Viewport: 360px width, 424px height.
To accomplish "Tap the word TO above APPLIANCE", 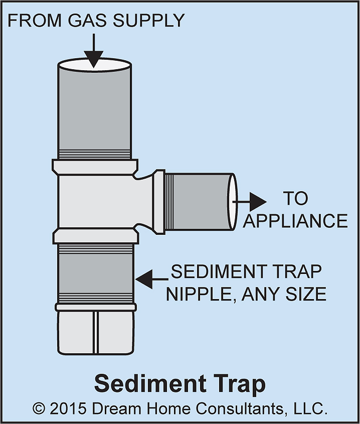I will [296, 199].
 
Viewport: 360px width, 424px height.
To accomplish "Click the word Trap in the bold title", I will [237, 384].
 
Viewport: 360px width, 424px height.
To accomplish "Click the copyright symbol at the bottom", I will [40, 408].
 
